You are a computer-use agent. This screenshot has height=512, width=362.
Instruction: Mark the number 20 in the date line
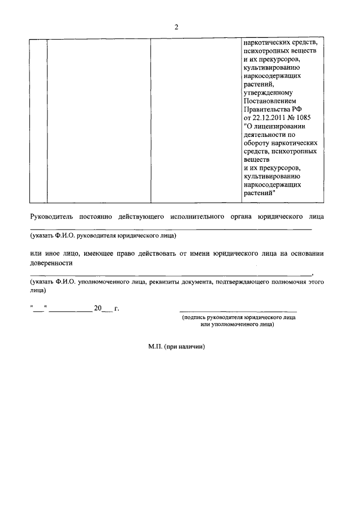point(97,308)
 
